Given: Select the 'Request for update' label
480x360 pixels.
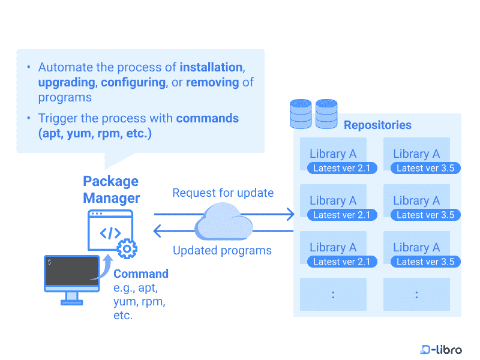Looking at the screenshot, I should [223, 193].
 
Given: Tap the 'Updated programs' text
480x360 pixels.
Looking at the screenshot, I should [222, 250].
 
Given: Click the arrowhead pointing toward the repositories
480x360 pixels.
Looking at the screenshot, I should [291, 214].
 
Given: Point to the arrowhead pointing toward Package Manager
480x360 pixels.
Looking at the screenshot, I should [158, 231].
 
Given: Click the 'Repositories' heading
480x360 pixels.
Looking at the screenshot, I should [377, 125].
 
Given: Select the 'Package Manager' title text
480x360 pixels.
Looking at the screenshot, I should [111, 190].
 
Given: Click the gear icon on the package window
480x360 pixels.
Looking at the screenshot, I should [127, 248].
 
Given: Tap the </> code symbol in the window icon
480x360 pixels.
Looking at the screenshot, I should [110, 233].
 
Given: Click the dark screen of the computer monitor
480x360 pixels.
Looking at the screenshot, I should [71, 271].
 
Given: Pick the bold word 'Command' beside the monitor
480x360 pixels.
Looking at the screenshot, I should [141, 274].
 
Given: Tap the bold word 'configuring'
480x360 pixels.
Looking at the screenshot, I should [136, 82].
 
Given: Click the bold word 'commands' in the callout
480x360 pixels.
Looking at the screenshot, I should [207, 118].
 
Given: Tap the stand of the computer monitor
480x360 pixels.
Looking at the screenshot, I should [71, 298].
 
